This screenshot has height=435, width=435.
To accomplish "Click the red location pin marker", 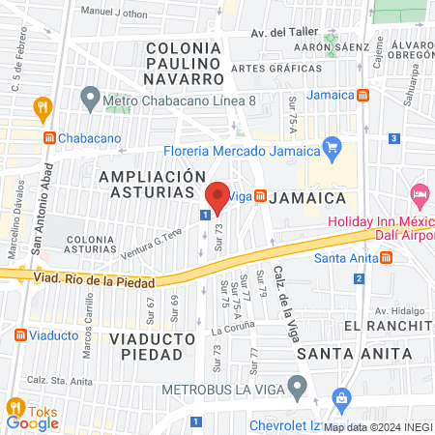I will pos(217,197).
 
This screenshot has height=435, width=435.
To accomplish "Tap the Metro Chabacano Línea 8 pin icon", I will pos(91,98).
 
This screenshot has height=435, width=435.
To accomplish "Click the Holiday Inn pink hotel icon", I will pos(419,194).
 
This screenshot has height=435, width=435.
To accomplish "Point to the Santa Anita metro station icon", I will pos(386,257).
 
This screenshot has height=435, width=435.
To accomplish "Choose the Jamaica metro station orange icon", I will pos(362,96).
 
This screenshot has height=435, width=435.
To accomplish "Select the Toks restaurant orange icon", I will pos(14,406).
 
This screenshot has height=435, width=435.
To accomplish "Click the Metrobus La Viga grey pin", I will pos(298,389).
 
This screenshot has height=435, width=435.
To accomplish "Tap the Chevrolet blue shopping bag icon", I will pos(340,398).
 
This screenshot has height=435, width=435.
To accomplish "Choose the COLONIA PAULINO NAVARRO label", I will pos(186,62).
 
